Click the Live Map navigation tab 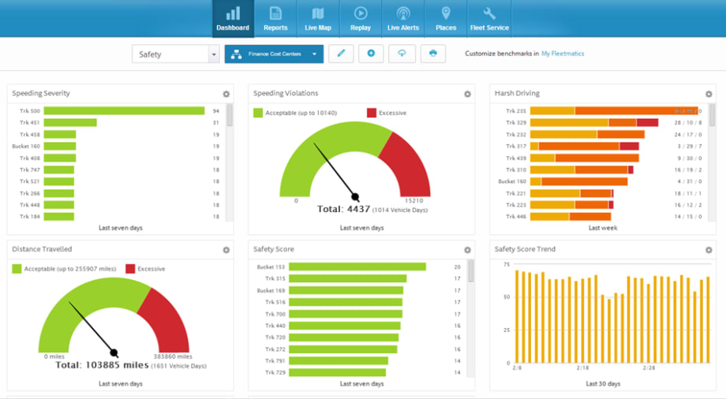point(318,19)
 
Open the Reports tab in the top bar point(275,19)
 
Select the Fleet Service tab point(489,19)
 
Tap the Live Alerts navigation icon point(403,19)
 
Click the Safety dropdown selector point(175,54)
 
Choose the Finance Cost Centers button point(274,54)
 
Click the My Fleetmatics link point(563,54)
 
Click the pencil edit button point(341,54)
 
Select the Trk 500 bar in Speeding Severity point(124,111)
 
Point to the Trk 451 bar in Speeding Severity point(70,123)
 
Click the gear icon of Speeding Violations point(467,94)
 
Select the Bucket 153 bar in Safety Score point(357,267)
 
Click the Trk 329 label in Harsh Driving point(516,123)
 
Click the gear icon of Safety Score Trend point(709,250)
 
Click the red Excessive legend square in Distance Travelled point(130,269)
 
